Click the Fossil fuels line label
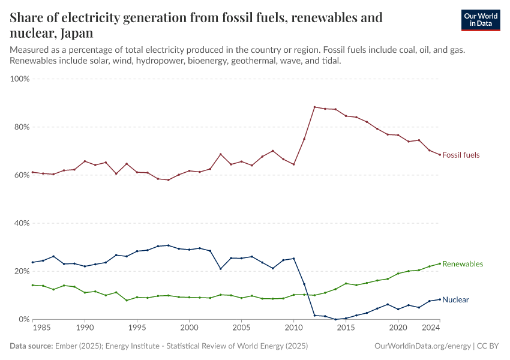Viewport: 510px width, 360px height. point(461,155)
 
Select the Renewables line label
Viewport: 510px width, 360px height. point(462,264)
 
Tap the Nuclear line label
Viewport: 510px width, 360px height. point(455,299)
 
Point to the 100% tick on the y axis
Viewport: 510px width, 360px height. point(20,79)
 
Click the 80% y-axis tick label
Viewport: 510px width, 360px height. point(22,127)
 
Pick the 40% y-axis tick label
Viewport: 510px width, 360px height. point(22,223)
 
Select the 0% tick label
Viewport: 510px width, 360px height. point(24,319)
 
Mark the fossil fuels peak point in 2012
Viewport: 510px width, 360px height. point(314,107)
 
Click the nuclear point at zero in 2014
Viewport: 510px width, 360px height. point(335,319)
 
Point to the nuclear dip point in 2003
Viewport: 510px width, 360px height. point(221,269)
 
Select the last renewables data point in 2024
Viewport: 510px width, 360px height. point(440,263)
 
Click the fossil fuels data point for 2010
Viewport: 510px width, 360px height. point(293,164)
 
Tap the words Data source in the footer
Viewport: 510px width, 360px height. point(31,346)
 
